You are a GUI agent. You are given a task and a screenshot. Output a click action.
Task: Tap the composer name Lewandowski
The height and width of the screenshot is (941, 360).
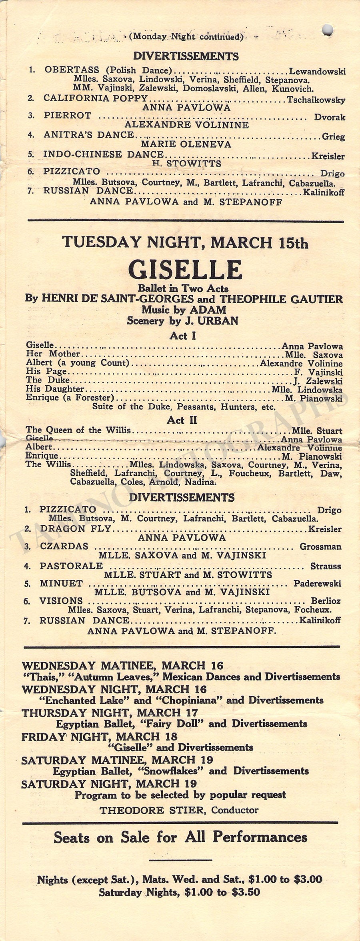pos(317,72)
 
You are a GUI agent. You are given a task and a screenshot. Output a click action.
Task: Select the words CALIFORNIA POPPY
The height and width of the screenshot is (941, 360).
pos(96,98)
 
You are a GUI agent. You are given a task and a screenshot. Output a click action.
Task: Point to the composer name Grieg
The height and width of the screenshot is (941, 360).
pos(334,137)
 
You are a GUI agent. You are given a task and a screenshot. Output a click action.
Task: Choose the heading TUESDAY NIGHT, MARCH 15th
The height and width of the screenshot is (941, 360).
pos(185,243)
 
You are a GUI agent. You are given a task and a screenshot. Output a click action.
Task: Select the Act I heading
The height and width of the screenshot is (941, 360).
pos(183,336)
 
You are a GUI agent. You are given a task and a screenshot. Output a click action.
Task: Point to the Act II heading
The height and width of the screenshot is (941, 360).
pos(183,420)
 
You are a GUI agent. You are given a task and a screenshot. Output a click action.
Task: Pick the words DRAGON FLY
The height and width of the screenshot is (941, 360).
pos(75,529)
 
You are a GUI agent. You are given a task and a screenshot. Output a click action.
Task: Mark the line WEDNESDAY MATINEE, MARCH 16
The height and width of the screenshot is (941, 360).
pos(123,666)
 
